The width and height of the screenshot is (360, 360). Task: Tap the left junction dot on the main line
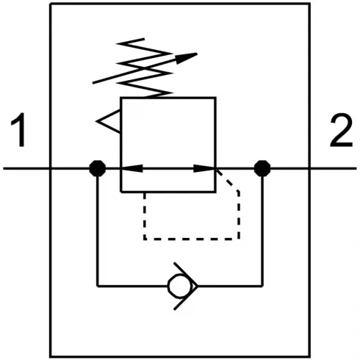click(97, 168)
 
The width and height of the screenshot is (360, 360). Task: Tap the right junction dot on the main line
click(261, 168)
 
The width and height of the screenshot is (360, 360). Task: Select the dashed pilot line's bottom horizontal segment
click(191, 238)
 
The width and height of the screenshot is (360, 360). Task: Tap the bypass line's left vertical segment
click(97, 228)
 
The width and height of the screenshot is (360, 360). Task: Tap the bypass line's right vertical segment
click(261, 228)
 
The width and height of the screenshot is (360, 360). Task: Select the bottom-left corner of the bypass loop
click(97, 284)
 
